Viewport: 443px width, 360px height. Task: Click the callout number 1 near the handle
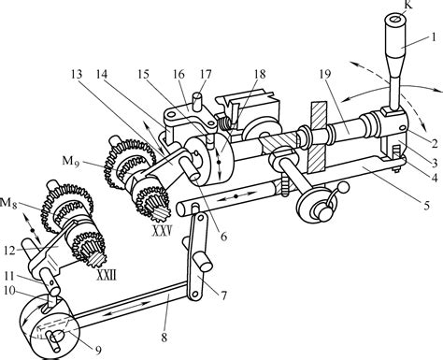pos(433,37)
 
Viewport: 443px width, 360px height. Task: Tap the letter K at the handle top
pos(407,5)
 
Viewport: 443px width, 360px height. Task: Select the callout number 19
pos(325,74)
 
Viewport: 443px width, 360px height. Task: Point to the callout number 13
pos(77,74)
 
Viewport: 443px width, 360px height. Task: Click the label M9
pos(71,161)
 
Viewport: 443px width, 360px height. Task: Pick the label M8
pos(8,203)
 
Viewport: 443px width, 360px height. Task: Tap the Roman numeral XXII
pos(107,275)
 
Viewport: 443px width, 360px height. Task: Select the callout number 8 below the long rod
pos(164,338)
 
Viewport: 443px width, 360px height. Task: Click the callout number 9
pos(98,351)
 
